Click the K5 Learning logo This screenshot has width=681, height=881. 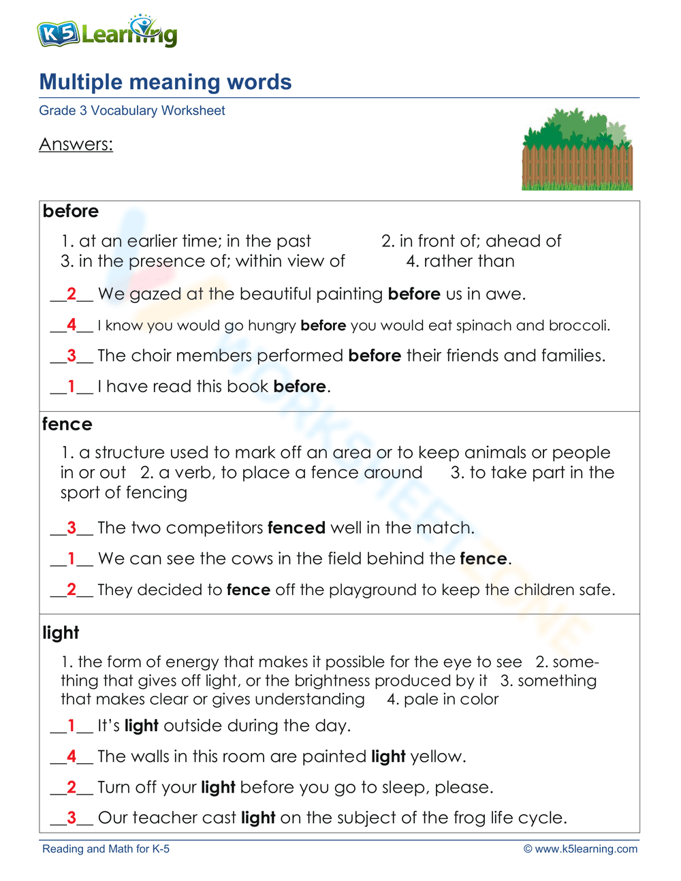coord(107,31)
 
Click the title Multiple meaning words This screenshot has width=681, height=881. coord(165,82)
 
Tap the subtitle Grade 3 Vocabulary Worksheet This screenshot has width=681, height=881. coord(131,111)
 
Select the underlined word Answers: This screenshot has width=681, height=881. coord(76,144)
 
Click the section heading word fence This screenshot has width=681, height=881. coord(67,424)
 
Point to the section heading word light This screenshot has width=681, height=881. coord(61,632)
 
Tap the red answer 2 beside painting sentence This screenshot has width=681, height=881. coord(72,294)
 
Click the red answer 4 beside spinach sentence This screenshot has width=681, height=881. coord(72,325)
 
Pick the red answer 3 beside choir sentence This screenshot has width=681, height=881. coord(72,355)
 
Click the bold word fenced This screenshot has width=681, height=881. coord(296,528)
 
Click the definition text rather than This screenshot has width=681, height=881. coord(469,261)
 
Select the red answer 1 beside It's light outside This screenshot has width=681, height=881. coord(72,726)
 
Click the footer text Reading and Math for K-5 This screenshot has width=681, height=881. coord(106,849)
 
